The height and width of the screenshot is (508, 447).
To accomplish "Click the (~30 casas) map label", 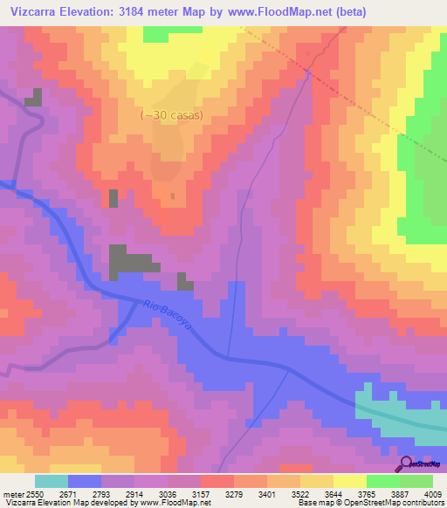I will click(173, 115).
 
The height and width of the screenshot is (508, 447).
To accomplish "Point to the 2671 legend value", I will click(84, 493).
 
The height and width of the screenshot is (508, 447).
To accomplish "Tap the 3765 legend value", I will click(383, 493).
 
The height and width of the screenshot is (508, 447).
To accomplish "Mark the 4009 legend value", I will click(432, 493).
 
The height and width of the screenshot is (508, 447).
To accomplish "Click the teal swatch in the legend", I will click(52, 481).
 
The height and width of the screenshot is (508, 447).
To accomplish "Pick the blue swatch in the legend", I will click(85, 481).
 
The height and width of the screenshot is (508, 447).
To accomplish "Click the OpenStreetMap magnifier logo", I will click(404, 463).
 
